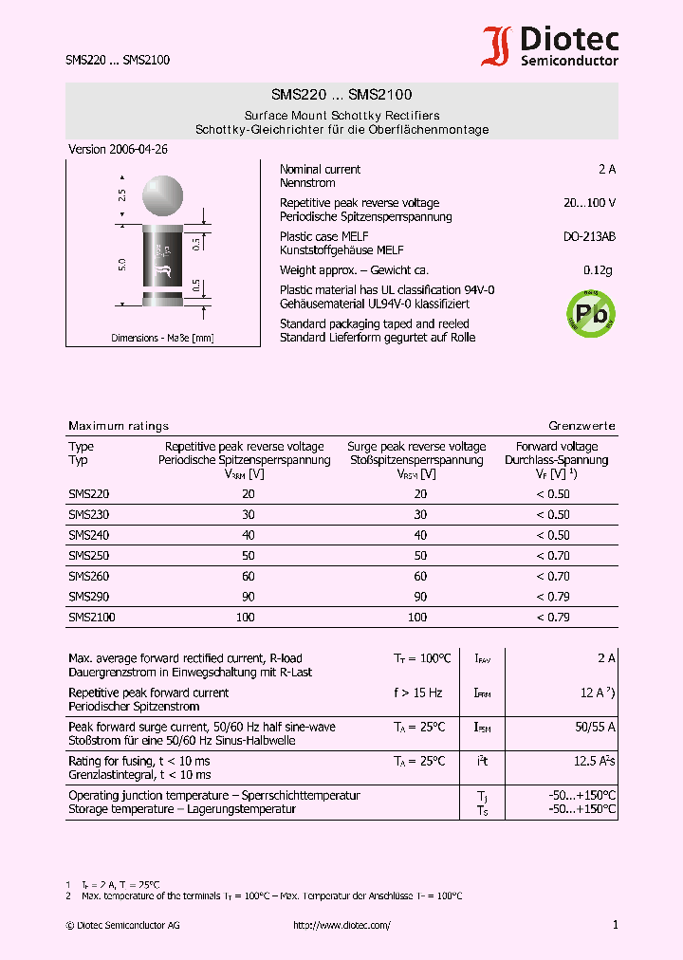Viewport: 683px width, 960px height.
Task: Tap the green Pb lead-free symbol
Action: pos(590,311)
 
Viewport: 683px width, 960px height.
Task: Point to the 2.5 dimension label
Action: pos(121,196)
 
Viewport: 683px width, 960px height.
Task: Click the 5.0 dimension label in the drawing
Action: pos(121,265)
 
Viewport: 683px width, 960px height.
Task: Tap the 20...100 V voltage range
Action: pos(589,203)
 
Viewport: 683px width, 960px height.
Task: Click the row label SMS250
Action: pos(89,556)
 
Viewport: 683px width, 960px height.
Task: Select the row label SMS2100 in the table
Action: pos(92,618)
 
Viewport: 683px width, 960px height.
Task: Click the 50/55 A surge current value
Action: pos(595,728)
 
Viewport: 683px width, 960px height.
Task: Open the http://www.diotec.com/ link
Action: pos(341,926)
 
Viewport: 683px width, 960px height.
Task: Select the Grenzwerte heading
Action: pos(581,427)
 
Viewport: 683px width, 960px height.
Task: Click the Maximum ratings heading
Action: pos(119,427)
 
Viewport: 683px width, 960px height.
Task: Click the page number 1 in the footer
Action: pos(615,926)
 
